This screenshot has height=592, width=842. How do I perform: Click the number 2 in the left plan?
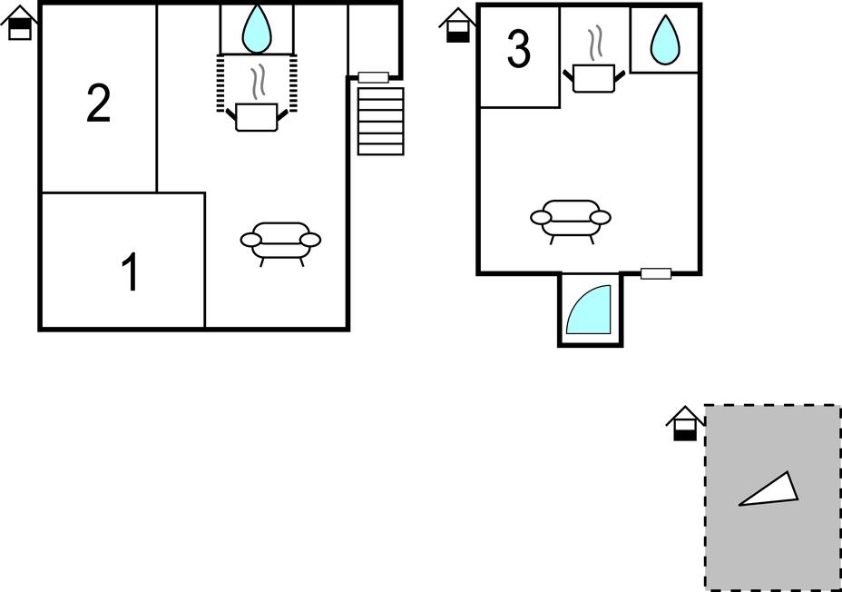pos(99,104)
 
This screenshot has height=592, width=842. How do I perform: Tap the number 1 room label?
pos(130,272)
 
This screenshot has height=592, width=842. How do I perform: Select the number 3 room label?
pos(519,49)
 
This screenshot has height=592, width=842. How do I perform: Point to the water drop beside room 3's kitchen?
pos(665,39)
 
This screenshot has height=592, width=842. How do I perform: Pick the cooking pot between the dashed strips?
pos(257,116)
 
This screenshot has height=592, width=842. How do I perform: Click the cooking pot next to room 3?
pos(594,78)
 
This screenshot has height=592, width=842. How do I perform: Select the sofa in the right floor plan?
pos(571,222)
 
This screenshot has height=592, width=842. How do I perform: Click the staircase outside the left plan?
pos(381,122)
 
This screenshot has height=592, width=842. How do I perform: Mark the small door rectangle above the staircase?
pos(373,77)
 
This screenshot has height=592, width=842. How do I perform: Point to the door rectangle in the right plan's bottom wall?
pos(656,273)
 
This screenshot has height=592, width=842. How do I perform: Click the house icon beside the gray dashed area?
pos(685,423)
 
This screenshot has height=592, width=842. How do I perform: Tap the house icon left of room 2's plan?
pos(20,22)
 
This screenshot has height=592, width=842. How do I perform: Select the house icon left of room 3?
pos(458,25)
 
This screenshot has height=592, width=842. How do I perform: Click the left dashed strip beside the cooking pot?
pos(220,83)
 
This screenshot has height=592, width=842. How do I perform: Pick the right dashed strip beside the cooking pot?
pos(293,83)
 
